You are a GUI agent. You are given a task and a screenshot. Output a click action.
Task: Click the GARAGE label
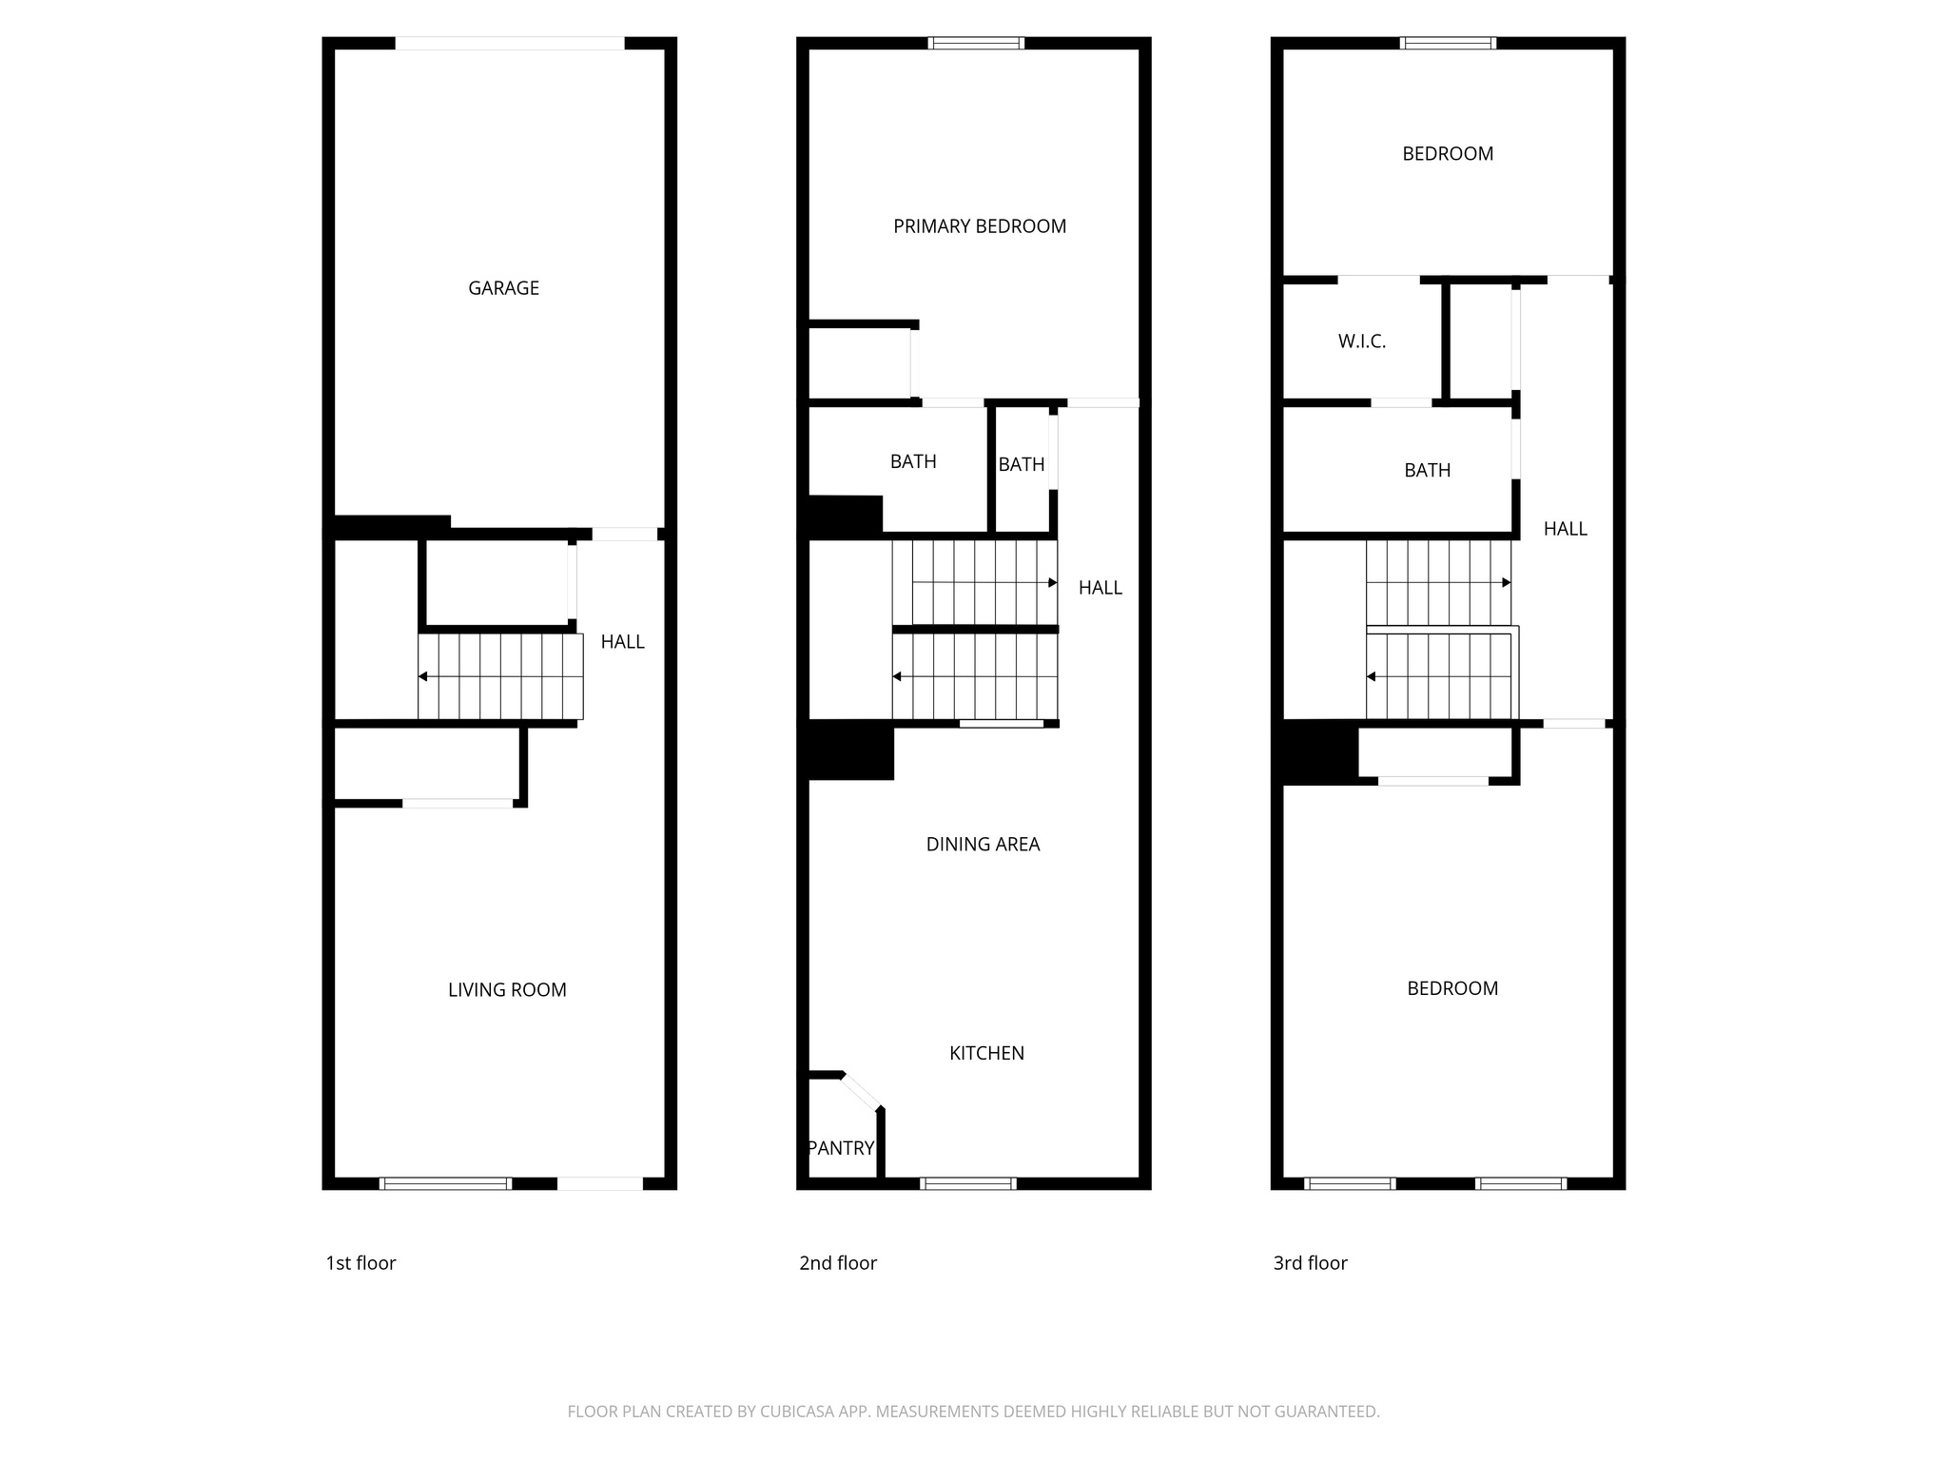click(x=503, y=288)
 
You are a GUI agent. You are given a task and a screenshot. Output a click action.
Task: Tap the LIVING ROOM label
click(x=507, y=990)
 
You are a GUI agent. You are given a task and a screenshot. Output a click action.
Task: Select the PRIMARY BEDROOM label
click(x=980, y=226)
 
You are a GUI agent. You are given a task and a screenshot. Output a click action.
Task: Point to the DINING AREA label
click(x=983, y=845)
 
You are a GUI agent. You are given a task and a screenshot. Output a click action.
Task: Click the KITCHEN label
click(x=986, y=1053)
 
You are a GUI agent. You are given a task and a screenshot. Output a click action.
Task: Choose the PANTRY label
click(x=841, y=1148)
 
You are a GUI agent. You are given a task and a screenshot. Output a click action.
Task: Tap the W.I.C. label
click(x=1362, y=341)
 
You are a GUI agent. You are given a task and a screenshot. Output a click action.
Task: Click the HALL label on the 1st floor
click(x=623, y=642)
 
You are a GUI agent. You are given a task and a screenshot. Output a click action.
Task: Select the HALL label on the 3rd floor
click(x=1565, y=529)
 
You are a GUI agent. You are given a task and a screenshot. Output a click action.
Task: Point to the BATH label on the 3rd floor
click(x=1427, y=470)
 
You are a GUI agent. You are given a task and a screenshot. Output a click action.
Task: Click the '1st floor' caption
click(x=360, y=1263)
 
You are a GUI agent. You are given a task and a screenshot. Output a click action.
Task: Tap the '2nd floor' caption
click(x=838, y=1263)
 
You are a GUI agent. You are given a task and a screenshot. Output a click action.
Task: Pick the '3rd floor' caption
click(x=1310, y=1263)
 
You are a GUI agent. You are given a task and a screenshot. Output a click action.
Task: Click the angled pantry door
click(x=862, y=1091)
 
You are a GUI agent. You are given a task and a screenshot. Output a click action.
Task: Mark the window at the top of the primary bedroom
click(x=976, y=43)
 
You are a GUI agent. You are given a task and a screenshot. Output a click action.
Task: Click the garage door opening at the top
click(x=510, y=43)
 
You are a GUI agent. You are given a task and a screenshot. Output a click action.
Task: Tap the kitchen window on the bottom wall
click(x=968, y=1183)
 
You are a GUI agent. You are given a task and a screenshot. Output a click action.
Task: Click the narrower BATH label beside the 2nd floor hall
click(x=1022, y=464)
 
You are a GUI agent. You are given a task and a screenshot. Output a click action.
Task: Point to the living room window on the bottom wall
click(x=445, y=1183)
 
